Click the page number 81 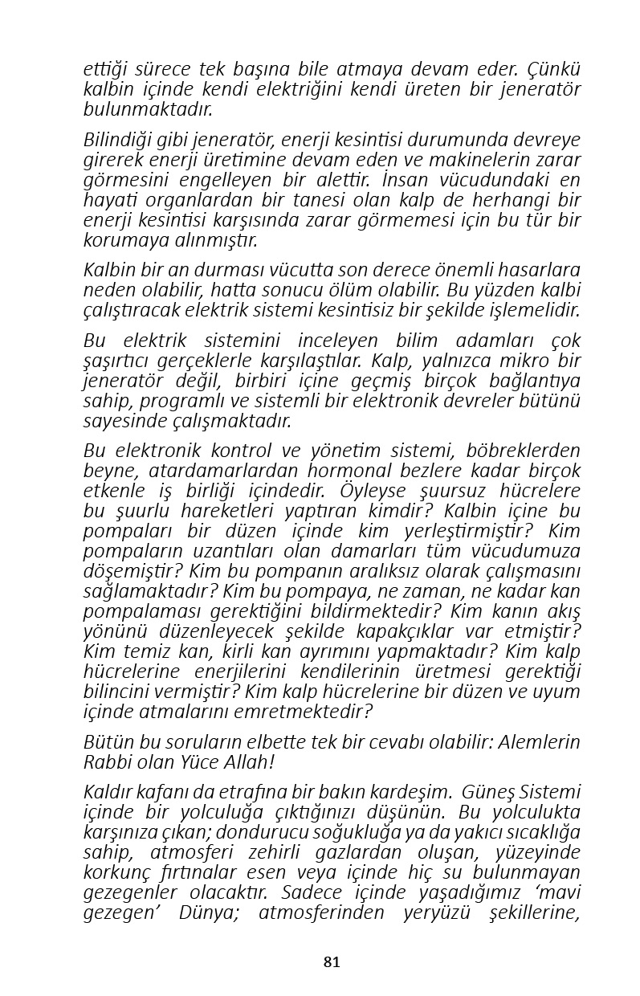332,961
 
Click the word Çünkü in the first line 553,70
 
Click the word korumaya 120,240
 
